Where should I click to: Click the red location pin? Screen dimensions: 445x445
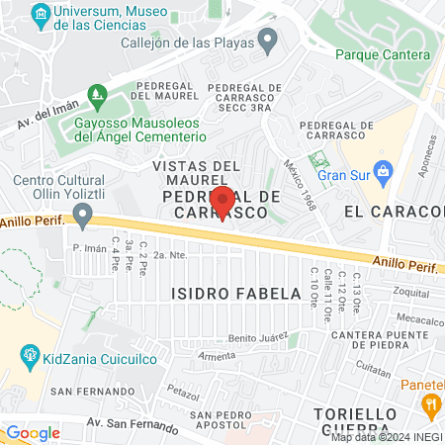click(x=222, y=201)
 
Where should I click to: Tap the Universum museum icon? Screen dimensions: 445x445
click(x=41, y=14)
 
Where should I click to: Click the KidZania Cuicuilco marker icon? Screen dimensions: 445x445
click(x=30, y=353)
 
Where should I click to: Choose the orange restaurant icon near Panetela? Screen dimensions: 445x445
click(x=430, y=403)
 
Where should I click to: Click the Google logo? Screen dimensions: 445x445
click(x=33, y=432)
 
